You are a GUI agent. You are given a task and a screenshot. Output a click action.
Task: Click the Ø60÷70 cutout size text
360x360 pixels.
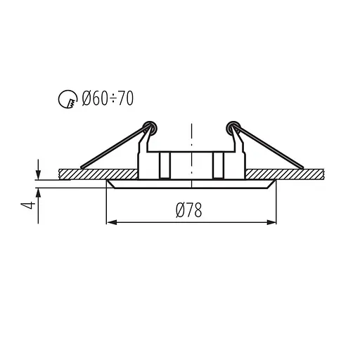[x=106, y=99]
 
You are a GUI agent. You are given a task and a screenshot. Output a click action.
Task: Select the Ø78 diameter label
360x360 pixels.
[x=188, y=210]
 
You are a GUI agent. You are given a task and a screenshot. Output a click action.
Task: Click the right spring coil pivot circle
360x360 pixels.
[x=233, y=127]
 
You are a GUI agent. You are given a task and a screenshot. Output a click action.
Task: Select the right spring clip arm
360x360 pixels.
[x=271, y=148]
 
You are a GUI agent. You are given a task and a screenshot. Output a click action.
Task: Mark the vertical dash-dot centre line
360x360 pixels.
[x=191, y=141]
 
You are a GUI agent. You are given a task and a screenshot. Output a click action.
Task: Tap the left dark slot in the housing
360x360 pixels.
[x=164, y=165]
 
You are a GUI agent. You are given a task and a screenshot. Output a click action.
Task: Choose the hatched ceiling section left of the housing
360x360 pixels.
[x=98, y=173]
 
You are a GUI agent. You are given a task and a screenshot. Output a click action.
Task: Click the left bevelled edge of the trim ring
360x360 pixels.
[x=110, y=184]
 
